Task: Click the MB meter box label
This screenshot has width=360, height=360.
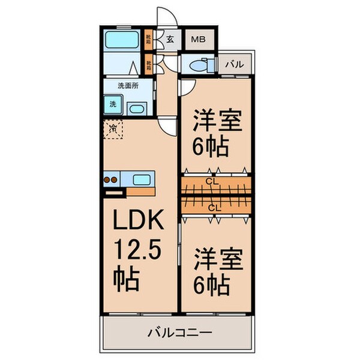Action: point(196,41)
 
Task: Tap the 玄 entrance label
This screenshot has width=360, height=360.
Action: point(170,41)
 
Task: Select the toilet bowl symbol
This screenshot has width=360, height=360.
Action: point(199,65)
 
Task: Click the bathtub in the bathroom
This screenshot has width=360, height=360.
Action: point(122,41)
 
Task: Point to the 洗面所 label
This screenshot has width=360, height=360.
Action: point(127,86)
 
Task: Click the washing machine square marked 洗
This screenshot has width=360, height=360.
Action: point(113,104)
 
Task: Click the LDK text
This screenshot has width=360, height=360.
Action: point(137,223)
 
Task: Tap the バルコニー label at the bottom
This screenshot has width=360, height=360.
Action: point(177,331)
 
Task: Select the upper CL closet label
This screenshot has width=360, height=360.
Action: point(211,179)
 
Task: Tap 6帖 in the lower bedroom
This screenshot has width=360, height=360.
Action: point(211,284)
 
